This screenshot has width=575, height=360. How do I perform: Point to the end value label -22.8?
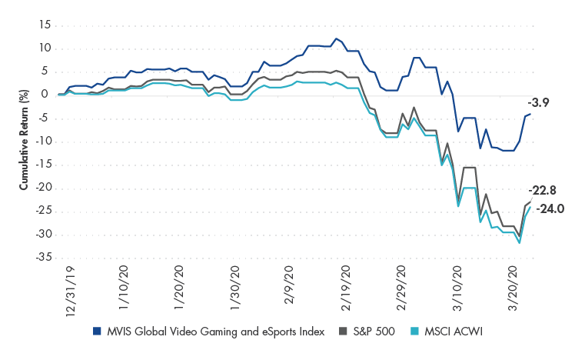[x=543, y=192]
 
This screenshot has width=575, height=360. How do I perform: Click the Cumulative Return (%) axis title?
[x=24, y=141]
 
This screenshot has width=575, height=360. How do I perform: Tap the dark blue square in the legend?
[x=96, y=332]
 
